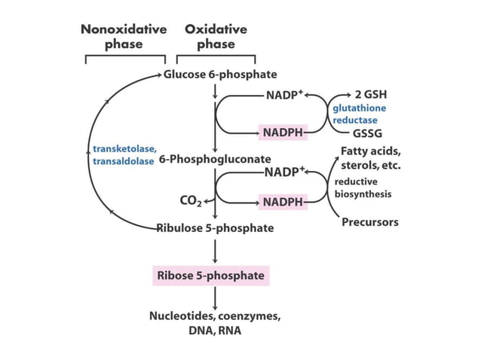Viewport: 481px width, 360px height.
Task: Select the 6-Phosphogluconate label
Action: (215, 160)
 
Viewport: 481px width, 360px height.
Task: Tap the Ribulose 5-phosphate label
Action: (215, 227)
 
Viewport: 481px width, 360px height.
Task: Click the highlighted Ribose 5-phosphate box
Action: (210, 276)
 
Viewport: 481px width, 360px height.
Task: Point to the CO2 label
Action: (190, 201)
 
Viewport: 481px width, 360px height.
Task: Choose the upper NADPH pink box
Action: (283, 133)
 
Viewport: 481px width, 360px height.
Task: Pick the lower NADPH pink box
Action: (283, 202)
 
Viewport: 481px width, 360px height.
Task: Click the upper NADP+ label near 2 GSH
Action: (284, 96)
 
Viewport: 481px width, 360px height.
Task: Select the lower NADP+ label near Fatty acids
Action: (284, 171)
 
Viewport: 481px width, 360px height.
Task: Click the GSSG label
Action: (366, 133)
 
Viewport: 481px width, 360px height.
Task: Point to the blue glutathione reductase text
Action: (359, 114)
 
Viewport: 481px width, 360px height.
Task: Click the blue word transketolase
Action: (124, 148)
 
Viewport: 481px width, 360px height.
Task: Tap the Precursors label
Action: (369, 222)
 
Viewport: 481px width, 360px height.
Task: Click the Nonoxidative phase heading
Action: (124, 36)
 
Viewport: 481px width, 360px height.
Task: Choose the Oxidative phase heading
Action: (216, 36)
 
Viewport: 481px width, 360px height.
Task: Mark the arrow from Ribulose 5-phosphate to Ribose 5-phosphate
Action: (216, 251)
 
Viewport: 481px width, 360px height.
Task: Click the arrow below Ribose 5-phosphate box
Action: (216, 298)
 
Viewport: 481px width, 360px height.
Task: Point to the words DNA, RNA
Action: (216, 330)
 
